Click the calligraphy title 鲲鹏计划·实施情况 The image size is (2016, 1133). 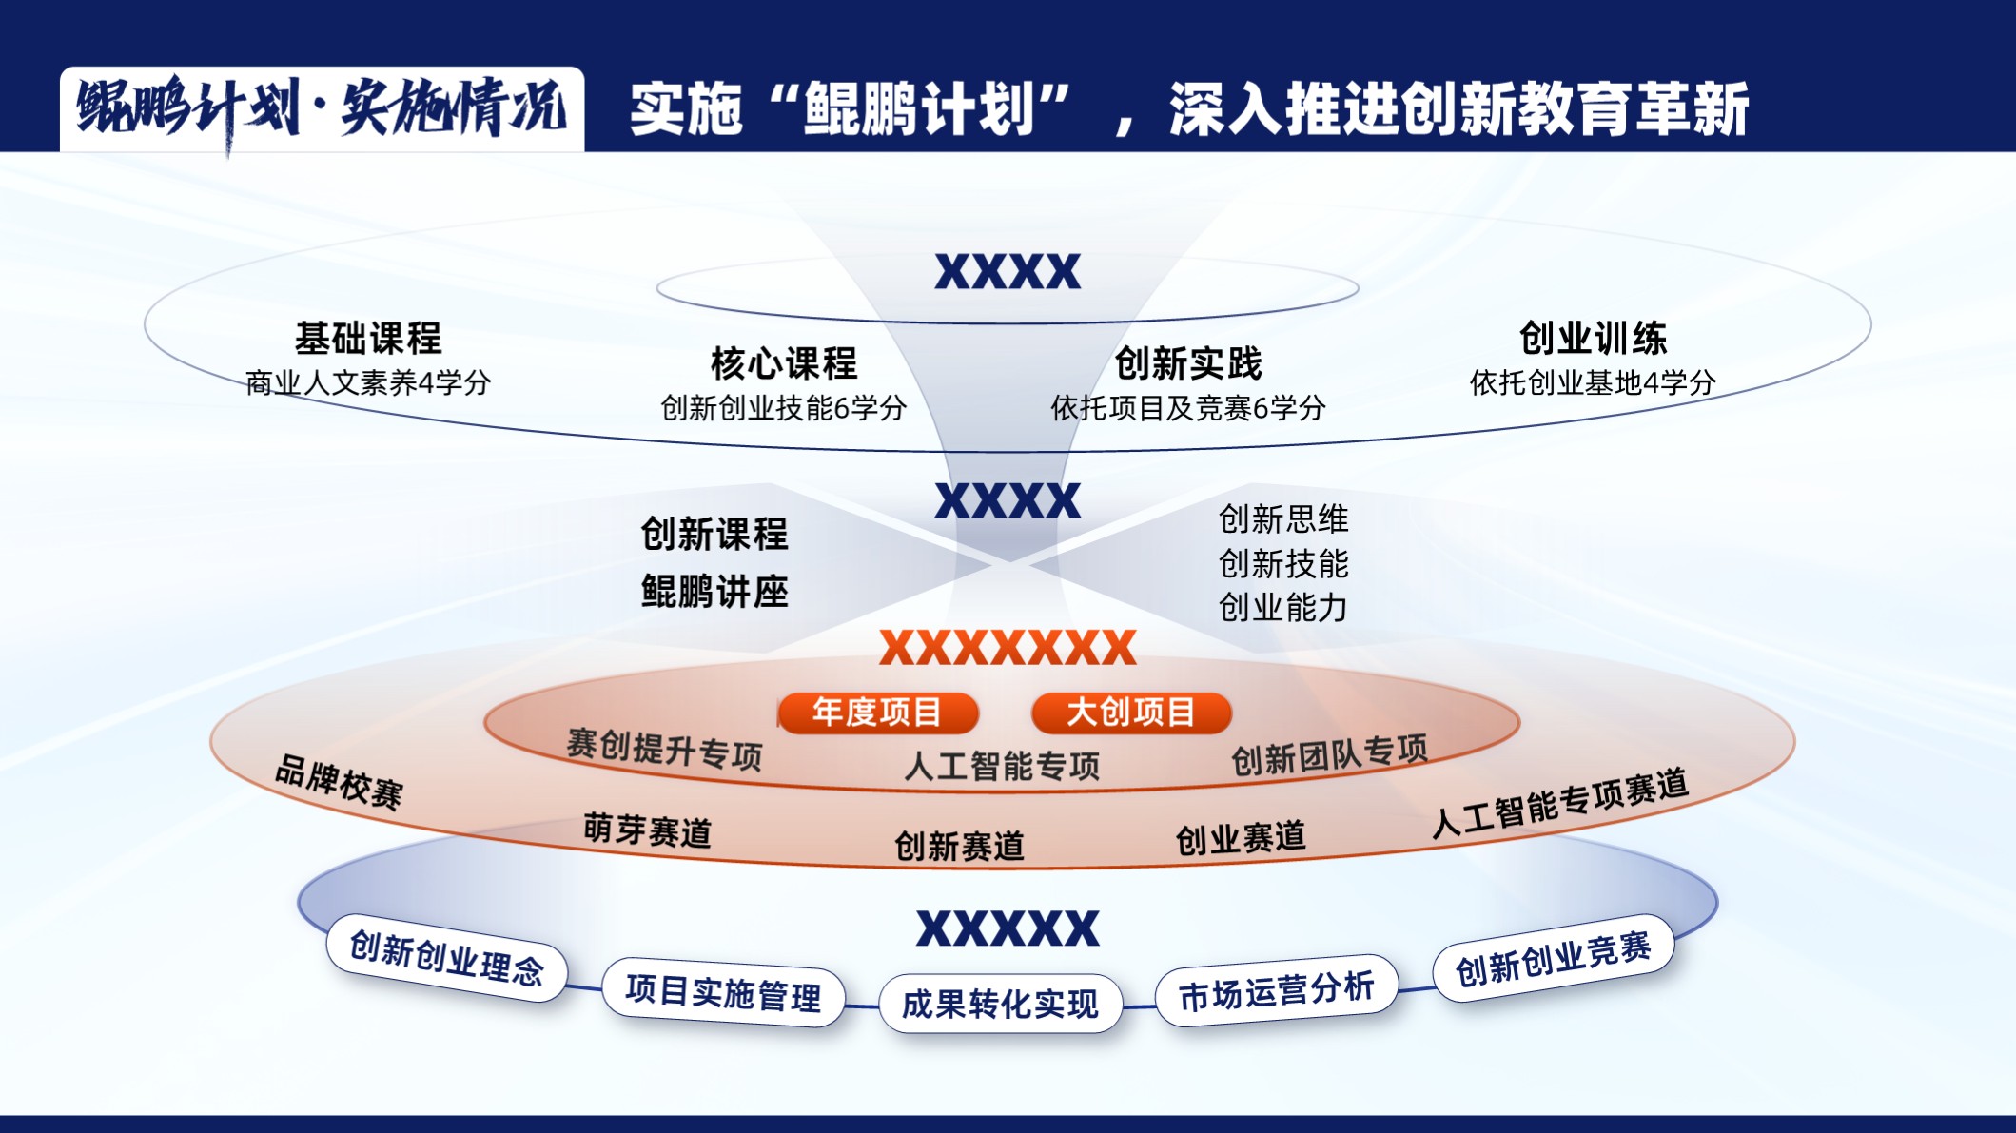322,108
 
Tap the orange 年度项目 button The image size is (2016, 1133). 877,713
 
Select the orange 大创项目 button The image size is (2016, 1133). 1131,713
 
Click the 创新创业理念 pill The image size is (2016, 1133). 446,958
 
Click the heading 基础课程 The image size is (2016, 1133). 368,338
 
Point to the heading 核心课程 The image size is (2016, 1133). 784,363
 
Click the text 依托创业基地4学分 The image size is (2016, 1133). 1593,382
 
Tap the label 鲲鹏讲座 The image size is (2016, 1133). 714,592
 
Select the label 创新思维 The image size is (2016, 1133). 1283,519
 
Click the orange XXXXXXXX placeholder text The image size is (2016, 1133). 1008,648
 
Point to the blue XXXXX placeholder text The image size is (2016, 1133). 1008,928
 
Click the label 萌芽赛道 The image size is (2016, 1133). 647,830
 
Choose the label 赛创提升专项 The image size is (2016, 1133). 664,750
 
